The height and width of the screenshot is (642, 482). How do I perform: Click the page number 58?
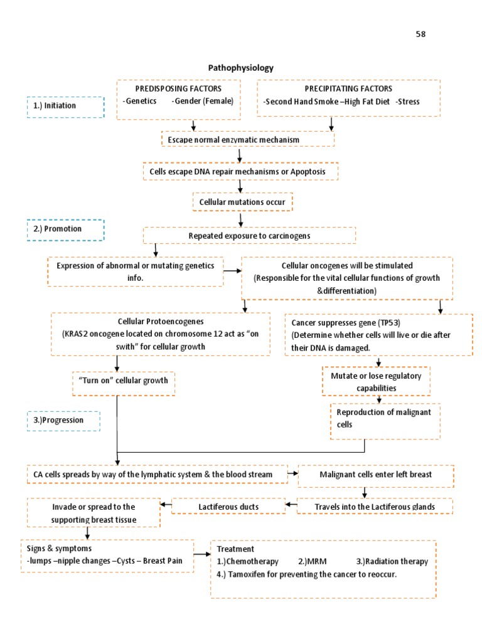(420, 34)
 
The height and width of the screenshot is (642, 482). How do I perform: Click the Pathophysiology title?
(240, 68)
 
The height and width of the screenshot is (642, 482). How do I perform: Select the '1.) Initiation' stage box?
(65, 106)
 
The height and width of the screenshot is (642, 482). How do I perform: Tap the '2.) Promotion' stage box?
(65, 229)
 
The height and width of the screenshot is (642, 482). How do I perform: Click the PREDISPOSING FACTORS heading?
(179, 89)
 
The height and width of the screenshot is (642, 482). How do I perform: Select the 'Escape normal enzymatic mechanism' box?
(247, 139)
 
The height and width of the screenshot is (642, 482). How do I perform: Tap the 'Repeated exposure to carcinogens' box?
(249, 236)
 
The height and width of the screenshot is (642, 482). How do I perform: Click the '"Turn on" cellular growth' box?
(123, 382)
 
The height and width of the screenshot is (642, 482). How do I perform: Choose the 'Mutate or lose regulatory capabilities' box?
(376, 381)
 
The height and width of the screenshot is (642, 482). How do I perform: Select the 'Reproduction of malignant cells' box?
(385, 418)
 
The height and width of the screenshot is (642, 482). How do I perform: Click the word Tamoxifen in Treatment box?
(249, 574)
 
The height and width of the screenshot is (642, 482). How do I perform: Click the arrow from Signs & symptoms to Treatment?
(200, 554)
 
